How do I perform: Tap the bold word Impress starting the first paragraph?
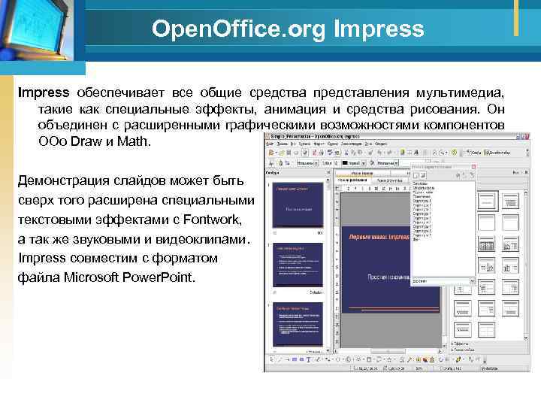44,92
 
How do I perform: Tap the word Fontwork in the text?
213,220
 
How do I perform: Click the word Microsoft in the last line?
92,277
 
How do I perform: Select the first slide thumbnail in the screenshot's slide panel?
298,205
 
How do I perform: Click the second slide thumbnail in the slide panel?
298,265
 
